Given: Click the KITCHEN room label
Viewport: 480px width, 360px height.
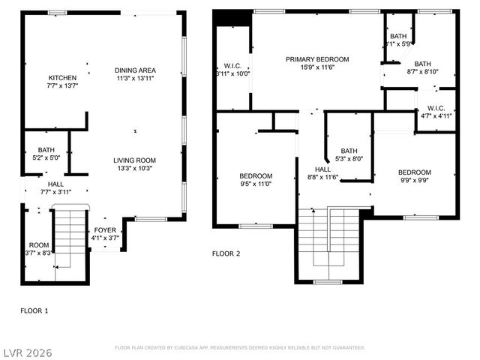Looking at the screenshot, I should click(62, 78).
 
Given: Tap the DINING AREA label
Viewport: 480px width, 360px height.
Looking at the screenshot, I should click(136, 70).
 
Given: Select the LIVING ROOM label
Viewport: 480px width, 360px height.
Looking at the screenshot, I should click(134, 160).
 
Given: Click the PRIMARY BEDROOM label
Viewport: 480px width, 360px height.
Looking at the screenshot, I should click(317, 59).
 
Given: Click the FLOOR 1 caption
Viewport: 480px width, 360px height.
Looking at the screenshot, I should click(34, 309).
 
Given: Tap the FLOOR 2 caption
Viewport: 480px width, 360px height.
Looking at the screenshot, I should click(226, 253).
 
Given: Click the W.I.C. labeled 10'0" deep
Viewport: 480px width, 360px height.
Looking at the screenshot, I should click(232, 69).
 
